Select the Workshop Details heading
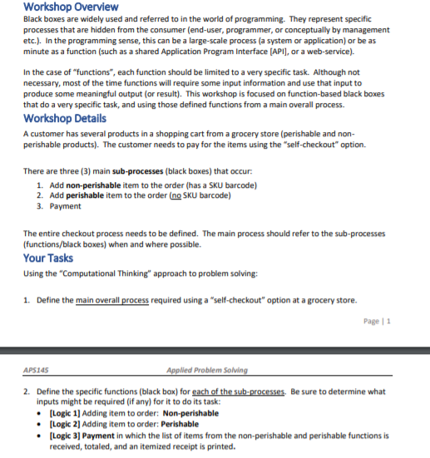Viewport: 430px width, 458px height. coord(65,118)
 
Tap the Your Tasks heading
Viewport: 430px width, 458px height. coord(48,258)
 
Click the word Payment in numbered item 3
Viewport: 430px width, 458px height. coord(66,206)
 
